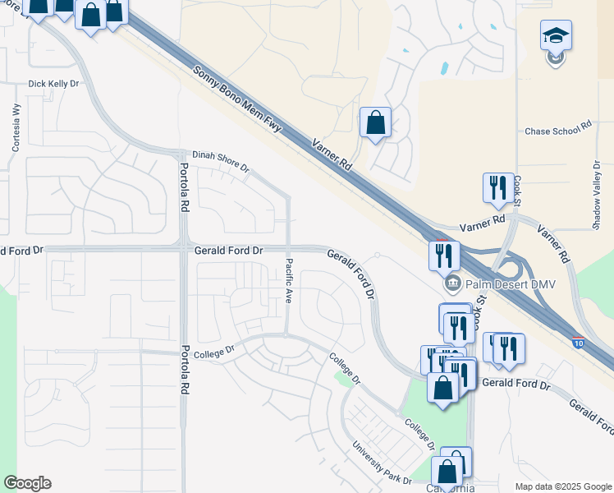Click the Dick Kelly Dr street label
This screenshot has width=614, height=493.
click(x=53, y=84)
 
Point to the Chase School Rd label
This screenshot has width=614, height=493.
click(x=558, y=131)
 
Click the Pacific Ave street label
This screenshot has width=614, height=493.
click(x=289, y=281)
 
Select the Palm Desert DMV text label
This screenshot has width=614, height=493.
click(x=506, y=284)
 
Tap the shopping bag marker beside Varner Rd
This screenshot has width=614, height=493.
click(x=375, y=123)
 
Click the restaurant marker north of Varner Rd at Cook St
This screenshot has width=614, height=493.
click(x=497, y=188)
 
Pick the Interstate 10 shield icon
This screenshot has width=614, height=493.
click(x=580, y=338)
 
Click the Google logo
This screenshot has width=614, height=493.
click(x=27, y=483)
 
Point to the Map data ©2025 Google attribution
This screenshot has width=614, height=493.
click(x=564, y=486)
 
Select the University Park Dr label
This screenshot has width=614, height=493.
click(x=382, y=463)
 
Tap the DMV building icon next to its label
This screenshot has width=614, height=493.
click(x=451, y=284)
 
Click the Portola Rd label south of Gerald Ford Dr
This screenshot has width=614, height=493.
click(x=186, y=367)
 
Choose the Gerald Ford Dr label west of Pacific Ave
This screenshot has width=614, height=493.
click(x=228, y=250)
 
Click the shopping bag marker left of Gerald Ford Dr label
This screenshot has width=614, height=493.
click(x=442, y=389)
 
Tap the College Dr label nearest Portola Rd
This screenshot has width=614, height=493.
click(x=215, y=350)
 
